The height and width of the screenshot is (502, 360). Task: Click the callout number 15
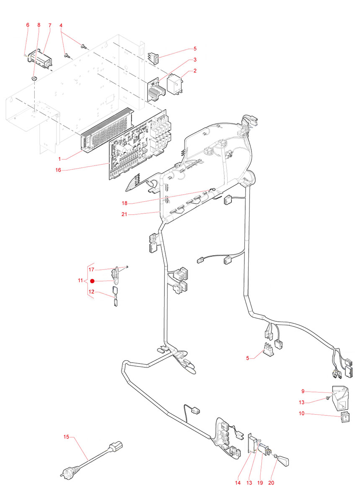click(x=66, y=437)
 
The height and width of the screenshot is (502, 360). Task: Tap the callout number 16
click(x=58, y=170)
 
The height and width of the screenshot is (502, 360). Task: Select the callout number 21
click(x=124, y=215)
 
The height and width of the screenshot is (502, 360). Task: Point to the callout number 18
click(x=124, y=204)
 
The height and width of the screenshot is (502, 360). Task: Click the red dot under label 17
click(x=93, y=282)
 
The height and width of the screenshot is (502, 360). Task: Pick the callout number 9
click(x=303, y=391)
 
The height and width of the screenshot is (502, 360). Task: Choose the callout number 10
click(x=303, y=414)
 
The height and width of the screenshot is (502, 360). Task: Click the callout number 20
click(x=271, y=483)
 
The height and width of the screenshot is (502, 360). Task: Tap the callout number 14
click(x=238, y=483)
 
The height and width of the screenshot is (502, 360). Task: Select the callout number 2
click(x=195, y=71)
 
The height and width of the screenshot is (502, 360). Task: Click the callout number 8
click(x=39, y=25)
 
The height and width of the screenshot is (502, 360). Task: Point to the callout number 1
click(x=60, y=159)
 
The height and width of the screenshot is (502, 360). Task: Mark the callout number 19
click(x=260, y=483)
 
